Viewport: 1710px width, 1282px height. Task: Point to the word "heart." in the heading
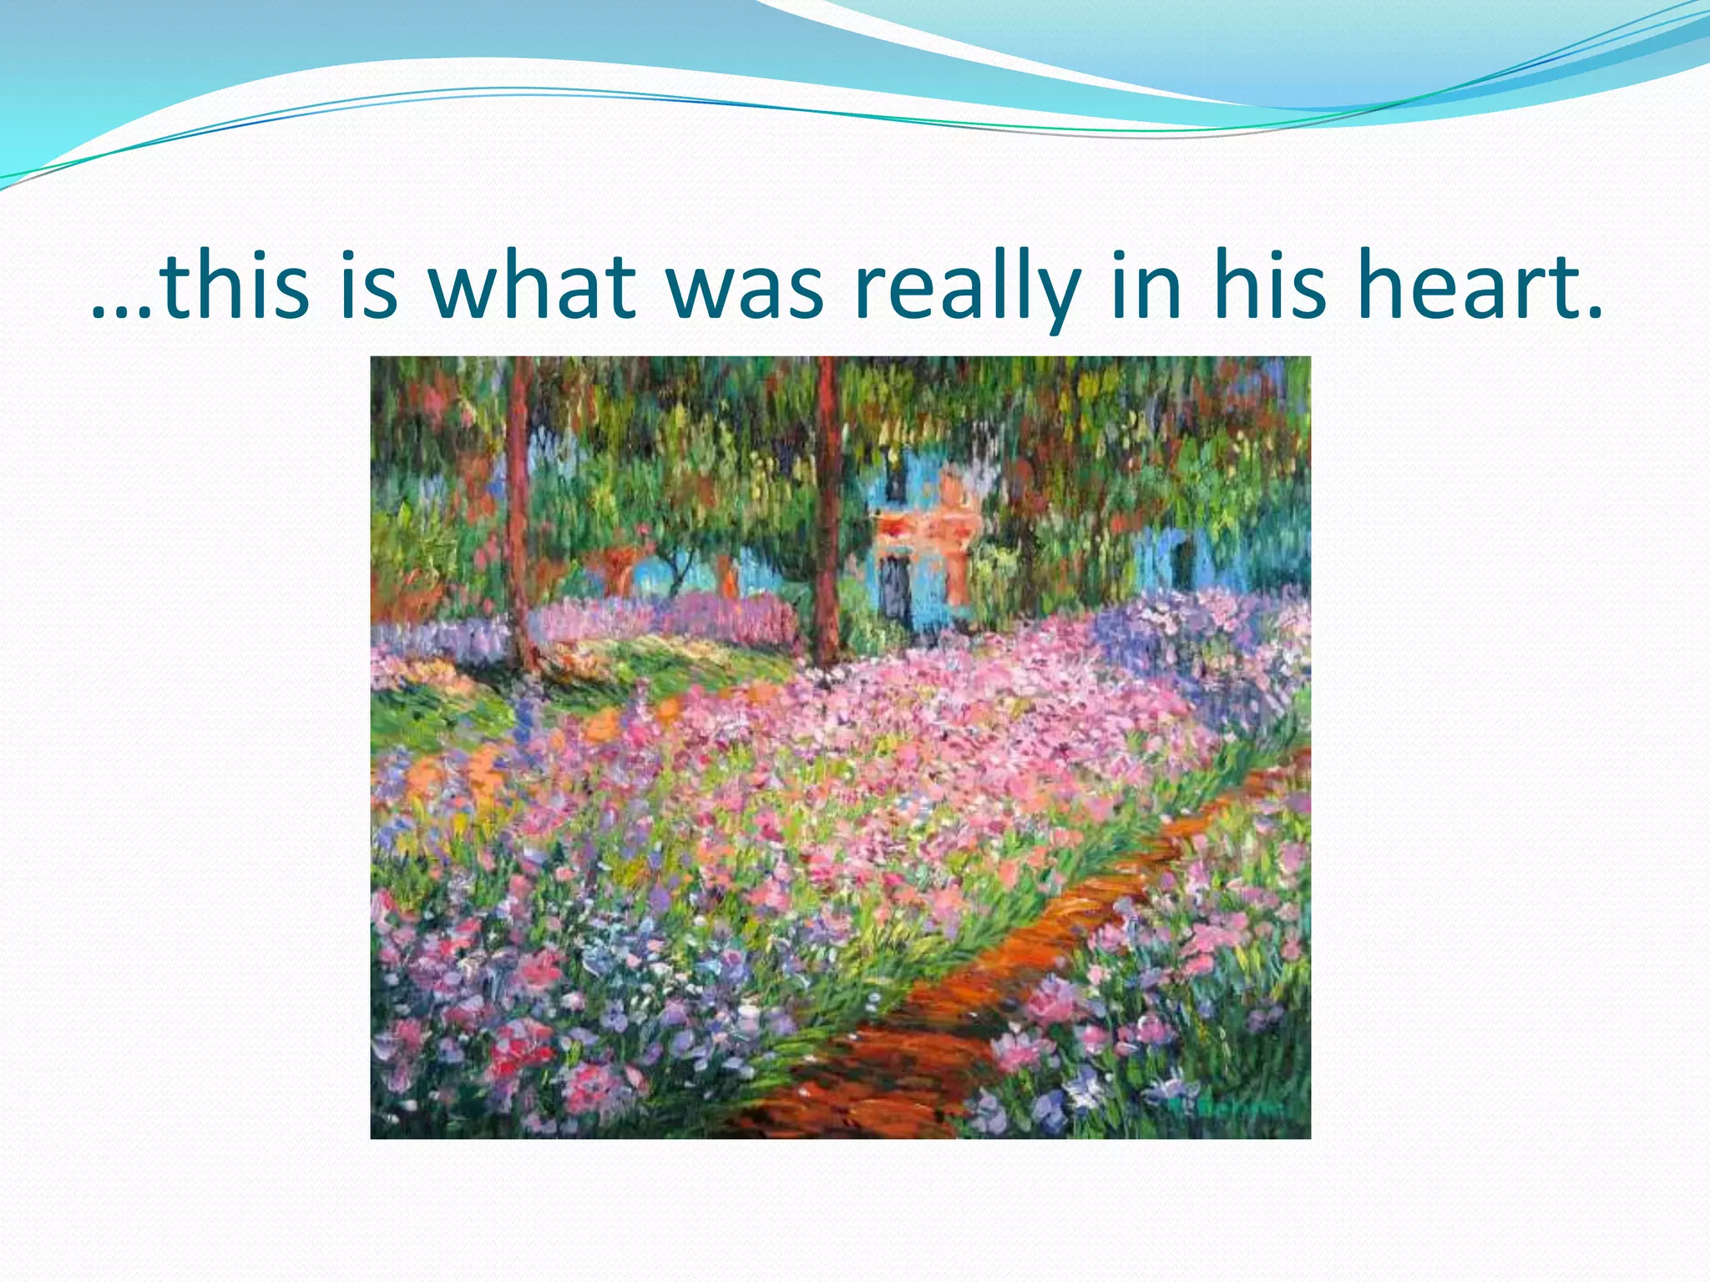pos(1478,285)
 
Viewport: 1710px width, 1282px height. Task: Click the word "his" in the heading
pos(1269,285)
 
